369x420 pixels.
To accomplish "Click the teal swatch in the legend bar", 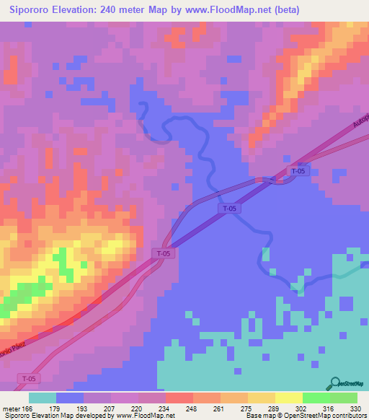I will click(x=43, y=398).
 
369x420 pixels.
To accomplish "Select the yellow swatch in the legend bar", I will click(x=288, y=398).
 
